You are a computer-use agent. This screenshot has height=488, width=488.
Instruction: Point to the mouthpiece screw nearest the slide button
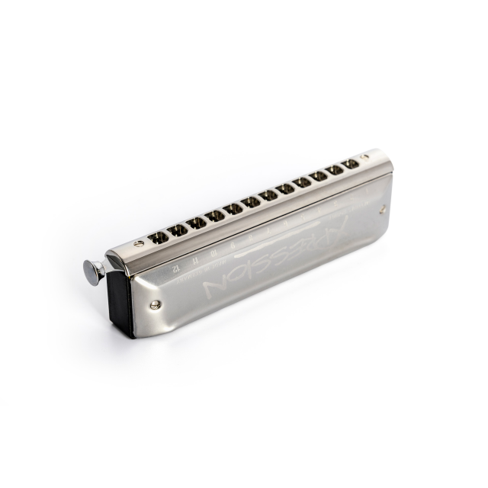click(x=138, y=244)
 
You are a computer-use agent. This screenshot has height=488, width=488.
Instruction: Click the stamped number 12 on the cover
click(x=175, y=267)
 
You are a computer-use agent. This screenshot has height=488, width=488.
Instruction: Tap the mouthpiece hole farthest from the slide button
click(x=352, y=163)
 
